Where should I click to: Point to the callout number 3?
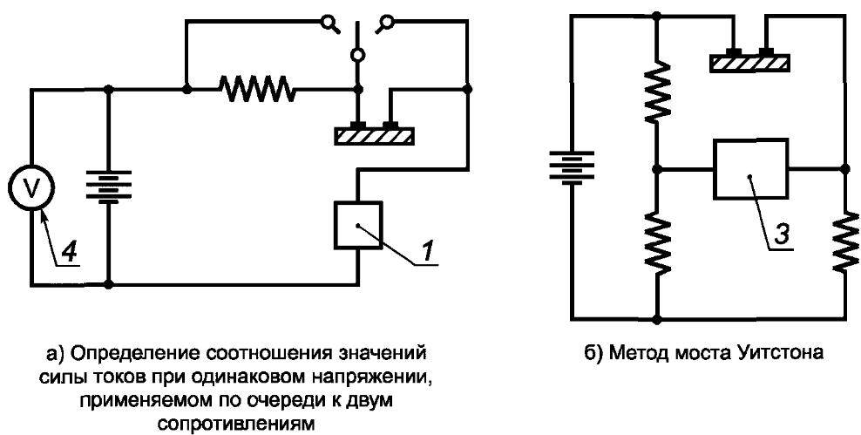(x=779, y=233)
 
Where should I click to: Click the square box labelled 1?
(x=357, y=225)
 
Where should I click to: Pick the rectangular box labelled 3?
(x=750, y=168)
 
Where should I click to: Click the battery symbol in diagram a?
(x=109, y=187)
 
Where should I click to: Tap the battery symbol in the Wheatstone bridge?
(x=571, y=167)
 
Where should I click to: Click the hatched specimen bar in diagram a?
(x=375, y=135)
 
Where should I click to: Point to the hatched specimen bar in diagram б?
(x=750, y=62)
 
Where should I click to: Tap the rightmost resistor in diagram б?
(x=845, y=240)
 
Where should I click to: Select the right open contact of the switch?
(x=386, y=22)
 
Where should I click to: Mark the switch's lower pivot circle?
(x=357, y=55)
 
